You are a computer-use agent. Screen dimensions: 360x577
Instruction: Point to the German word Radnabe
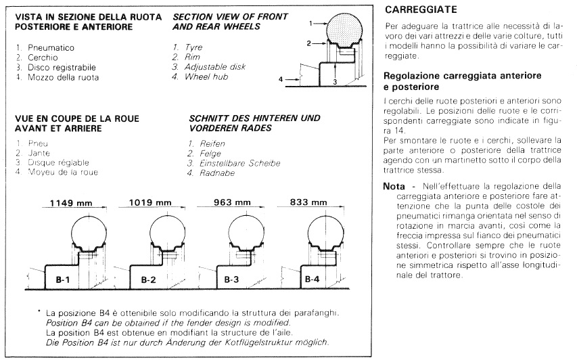point(206,173)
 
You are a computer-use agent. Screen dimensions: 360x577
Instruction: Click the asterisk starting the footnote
point(40,313)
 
